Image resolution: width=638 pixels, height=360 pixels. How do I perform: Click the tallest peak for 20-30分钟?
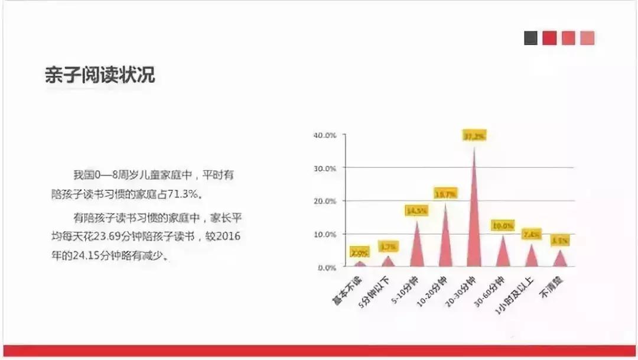coord(474,225)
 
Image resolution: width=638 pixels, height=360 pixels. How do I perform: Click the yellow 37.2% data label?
coord(474,136)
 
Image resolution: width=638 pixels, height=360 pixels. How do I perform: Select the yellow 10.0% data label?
coord(503,226)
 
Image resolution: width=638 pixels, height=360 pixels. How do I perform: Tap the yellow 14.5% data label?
coord(418,210)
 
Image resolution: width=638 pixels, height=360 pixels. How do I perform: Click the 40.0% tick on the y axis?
coord(325,135)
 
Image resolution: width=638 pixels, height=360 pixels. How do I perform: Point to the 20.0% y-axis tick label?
coord(325,202)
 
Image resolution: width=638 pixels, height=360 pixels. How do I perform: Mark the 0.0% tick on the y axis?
coord(327,268)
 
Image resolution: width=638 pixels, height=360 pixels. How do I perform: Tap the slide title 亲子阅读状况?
coord(100,75)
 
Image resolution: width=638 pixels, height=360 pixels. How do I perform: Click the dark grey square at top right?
coord(530,38)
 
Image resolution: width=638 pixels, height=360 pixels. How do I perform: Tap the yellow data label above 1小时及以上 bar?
coord(531,235)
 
